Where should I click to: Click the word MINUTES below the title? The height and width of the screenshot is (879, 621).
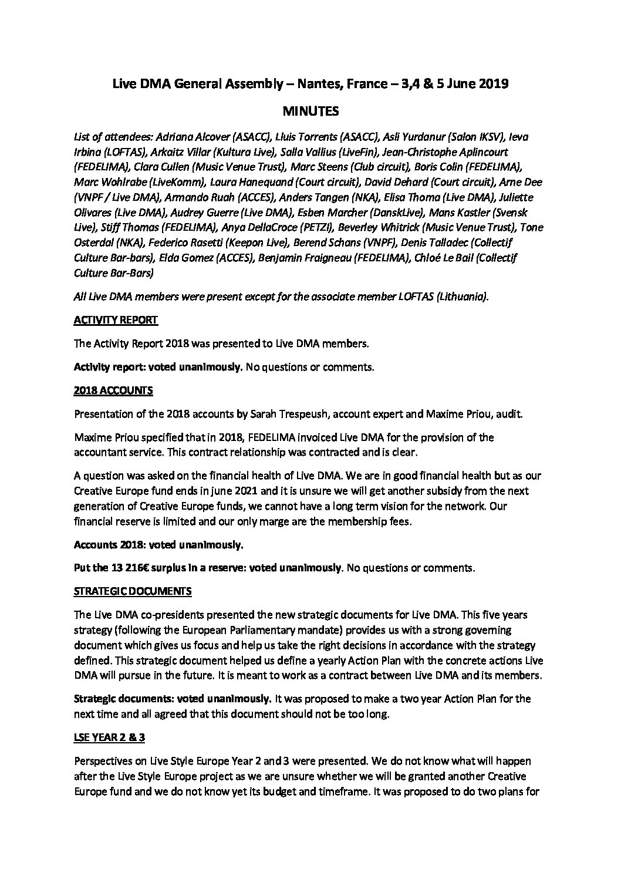pyautogui.click(x=310, y=110)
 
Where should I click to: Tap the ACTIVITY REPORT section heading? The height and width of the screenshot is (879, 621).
pyautogui.click(x=116, y=321)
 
